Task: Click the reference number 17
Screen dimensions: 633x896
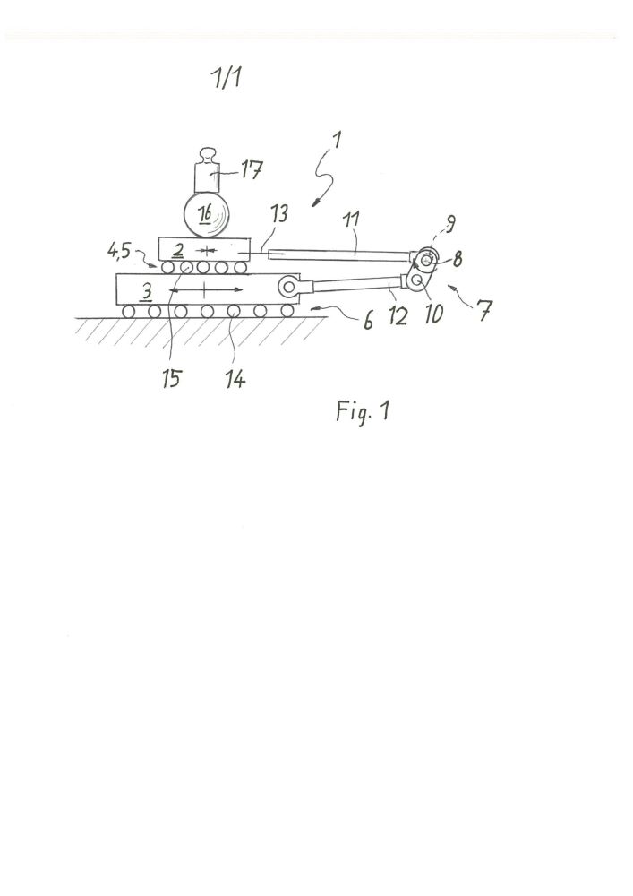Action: tap(251, 169)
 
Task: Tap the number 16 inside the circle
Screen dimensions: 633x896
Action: tap(206, 214)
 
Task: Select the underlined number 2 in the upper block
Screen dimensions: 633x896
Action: tap(178, 250)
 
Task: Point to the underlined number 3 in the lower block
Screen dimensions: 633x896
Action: tap(147, 293)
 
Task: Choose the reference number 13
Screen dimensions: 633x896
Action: tap(279, 214)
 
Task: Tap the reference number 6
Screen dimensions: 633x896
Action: tap(368, 321)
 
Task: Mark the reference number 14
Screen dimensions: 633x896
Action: tap(235, 379)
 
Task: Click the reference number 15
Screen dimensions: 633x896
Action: tap(172, 379)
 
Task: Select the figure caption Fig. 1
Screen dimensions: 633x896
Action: tap(363, 411)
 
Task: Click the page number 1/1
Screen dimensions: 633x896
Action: tap(227, 78)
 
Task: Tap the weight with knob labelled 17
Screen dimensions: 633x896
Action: tap(207, 170)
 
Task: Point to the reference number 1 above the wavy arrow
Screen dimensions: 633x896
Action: tap(337, 141)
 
